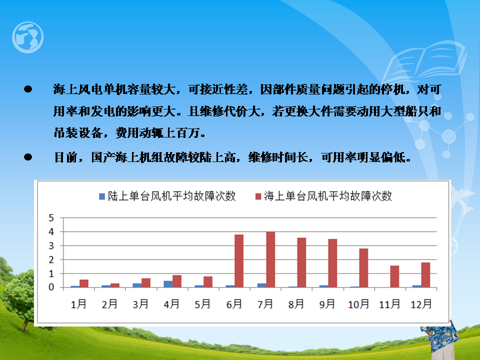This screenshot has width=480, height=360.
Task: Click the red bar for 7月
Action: pyautogui.click(x=270, y=259)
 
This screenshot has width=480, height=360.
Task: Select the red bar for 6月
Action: pyautogui.click(x=239, y=261)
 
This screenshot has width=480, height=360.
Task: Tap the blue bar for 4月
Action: pyautogui.click(x=168, y=284)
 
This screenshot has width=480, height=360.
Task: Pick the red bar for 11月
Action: pyautogui.click(x=394, y=276)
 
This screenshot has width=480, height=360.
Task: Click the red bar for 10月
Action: pyautogui.click(x=363, y=268)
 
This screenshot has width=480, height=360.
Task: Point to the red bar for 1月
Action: pyautogui.click(x=84, y=283)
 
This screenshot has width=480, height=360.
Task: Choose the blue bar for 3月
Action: pyautogui.click(x=137, y=285)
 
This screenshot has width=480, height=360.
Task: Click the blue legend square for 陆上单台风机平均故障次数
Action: pyautogui.click(x=102, y=196)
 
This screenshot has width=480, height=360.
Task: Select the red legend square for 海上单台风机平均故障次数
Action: pyautogui.click(x=258, y=196)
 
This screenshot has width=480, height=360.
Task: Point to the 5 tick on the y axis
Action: pyautogui.click(x=51, y=218)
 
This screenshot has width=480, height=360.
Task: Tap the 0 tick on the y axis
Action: pyautogui.click(x=51, y=287)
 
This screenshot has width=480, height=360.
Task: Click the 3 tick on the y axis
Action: pyautogui.click(x=51, y=246)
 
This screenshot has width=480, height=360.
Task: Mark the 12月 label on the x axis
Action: pyautogui.click(x=421, y=304)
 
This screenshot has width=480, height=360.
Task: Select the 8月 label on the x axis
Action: pyautogui.click(x=296, y=304)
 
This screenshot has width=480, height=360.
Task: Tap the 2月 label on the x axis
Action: pyautogui.click(x=109, y=304)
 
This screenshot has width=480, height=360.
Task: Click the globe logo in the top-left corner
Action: pyautogui.click(x=27, y=37)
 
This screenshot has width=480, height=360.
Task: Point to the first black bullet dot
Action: pyautogui.click(x=28, y=89)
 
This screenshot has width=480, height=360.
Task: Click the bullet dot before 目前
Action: pyautogui.click(x=28, y=157)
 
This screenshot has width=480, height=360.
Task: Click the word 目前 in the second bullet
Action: pyautogui.click(x=65, y=157)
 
